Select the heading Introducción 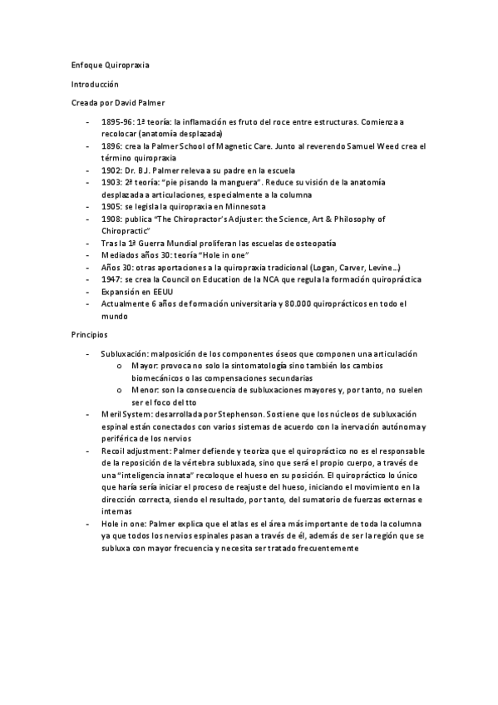click(x=96, y=84)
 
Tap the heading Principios click(x=90, y=334)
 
